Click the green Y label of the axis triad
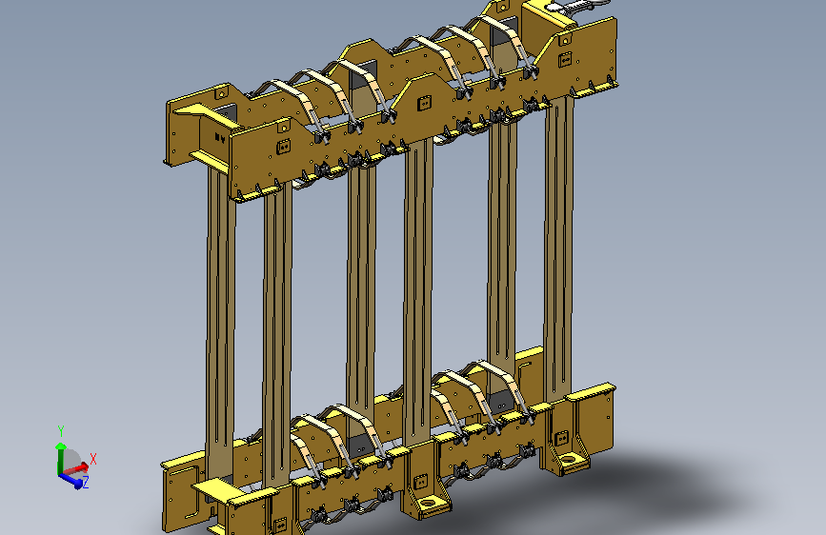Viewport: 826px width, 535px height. click(x=61, y=432)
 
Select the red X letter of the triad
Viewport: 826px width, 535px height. click(x=93, y=459)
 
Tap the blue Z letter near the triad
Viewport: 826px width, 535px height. click(x=86, y=482)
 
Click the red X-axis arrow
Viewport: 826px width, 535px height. click(x=75, y=468)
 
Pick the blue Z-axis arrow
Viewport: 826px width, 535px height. click(x=71, y=480)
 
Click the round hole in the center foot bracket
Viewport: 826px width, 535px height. click(x=430, y=503)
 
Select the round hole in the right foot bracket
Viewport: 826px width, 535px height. click(x=568, y=460)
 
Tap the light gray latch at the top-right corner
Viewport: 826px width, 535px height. click(x=576, y=6)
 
